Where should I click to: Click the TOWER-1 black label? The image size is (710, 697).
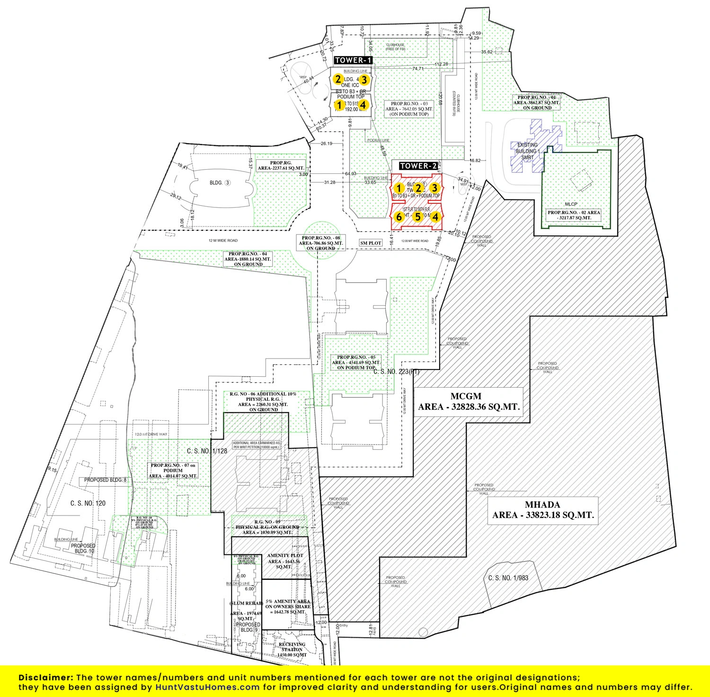point(353,60)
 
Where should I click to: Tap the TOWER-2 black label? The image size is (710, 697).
point(418,166)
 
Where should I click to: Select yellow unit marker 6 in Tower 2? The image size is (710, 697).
point(399,217)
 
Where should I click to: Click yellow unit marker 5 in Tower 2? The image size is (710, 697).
point(417,217)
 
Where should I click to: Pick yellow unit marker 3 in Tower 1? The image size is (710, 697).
point(364,79)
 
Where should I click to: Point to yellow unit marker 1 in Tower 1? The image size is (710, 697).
point(339,104)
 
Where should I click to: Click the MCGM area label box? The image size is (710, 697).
point(469,401)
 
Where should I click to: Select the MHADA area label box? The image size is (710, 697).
point(543,510)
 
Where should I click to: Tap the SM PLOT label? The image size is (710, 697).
point(371,243)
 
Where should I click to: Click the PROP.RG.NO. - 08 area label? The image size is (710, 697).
point(321,243)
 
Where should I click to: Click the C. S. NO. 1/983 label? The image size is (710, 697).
point(508,578)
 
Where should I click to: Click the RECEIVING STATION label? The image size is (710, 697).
point(292,650)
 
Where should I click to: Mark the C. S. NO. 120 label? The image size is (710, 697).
point(88,503)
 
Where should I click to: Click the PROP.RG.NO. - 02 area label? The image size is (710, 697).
point(574,215)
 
